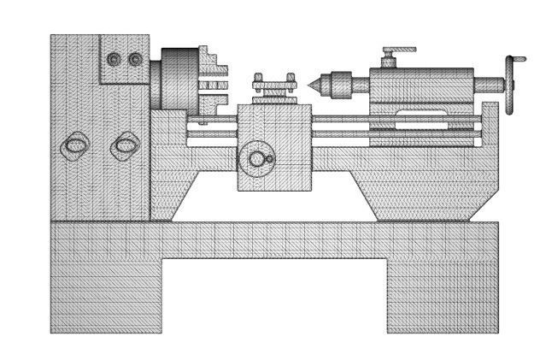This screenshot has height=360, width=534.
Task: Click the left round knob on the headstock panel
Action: pos(114,59)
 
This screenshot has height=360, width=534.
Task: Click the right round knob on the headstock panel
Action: pos(135,59)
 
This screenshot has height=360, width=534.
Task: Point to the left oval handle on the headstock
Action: pos(74,146)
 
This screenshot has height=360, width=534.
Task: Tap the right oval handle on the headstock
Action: pos(125,146)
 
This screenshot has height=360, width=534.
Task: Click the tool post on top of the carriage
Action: pos(273,90)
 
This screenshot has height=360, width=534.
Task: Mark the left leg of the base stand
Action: pos(107,295)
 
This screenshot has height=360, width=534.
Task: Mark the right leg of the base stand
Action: pos(442,295)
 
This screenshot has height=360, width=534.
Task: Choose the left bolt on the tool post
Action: pos(258,78)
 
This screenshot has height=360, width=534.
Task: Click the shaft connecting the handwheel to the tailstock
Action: pos(487,84)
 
